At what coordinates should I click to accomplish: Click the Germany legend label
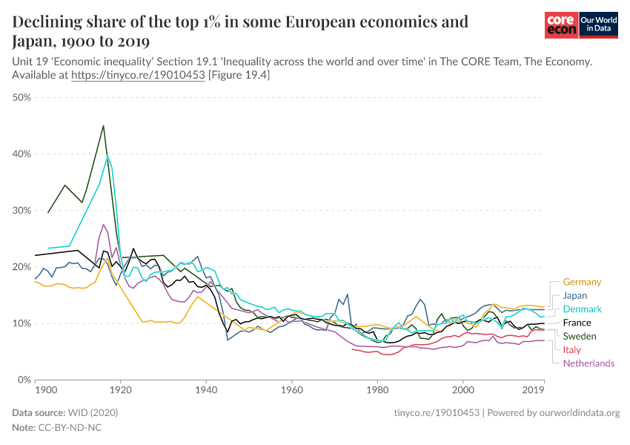582,282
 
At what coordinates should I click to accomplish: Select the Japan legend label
575,295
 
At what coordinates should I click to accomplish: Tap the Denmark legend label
582,309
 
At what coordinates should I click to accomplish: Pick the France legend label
577,323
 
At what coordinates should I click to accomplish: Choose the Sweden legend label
580,336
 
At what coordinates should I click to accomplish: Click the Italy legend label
572,349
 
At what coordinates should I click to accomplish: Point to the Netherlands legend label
588,363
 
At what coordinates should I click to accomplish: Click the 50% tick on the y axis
20,97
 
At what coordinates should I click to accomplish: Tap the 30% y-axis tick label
20,210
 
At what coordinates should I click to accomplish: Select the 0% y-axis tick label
23,380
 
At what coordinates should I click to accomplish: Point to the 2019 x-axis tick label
534,389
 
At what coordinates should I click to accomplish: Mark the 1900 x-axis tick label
45,389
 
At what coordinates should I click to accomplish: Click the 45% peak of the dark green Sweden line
103,125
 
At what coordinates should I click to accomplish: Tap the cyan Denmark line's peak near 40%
107,156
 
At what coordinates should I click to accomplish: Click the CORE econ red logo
561,25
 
